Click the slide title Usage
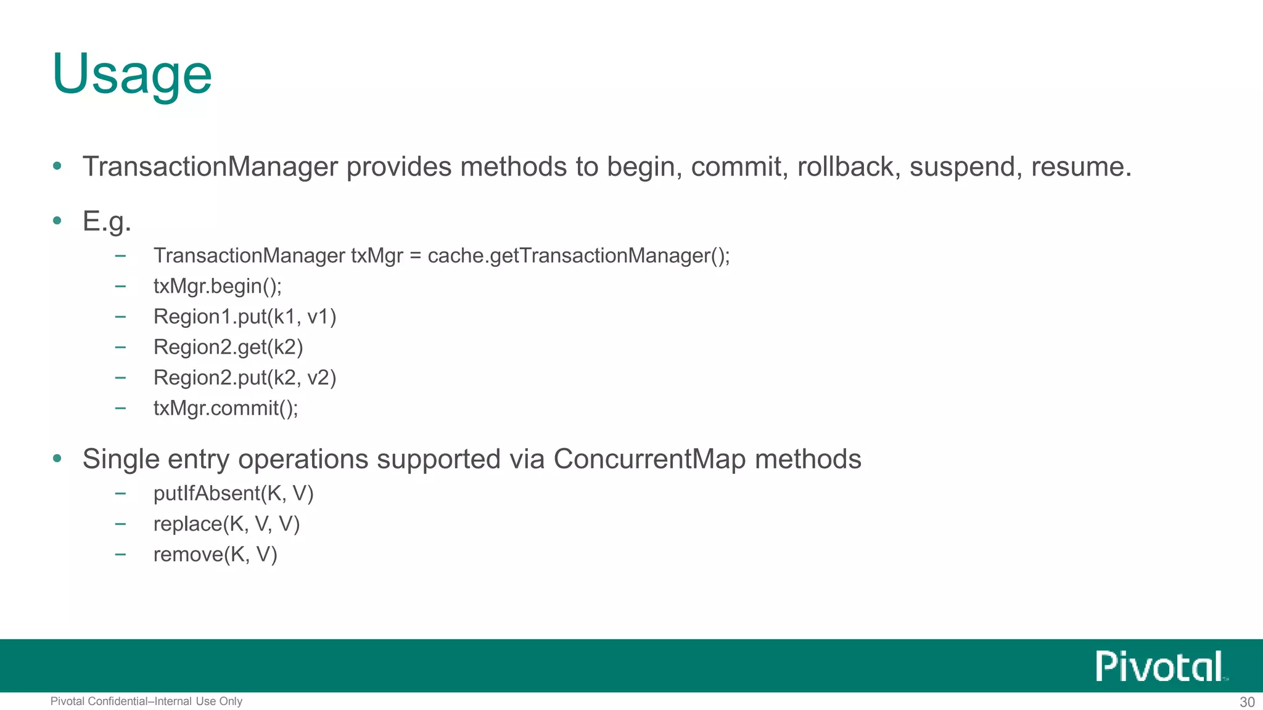[132, 74]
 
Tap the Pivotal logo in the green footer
[1159, 666]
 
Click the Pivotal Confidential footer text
[146, 701]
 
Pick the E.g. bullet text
[107, 221]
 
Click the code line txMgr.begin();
[217, 286]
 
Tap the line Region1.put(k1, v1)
[245, 317]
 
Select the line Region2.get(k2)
[228, 347]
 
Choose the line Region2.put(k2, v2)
[245, 378]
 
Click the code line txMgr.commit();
[226, 408]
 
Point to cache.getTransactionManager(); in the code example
[578, 255]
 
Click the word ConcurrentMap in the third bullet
[649, 459]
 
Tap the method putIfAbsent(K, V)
[233, 493]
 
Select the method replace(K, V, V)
[226, 524]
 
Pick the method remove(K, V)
[215, 554]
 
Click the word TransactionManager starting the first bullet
[210, 166]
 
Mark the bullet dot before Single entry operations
[57, 459]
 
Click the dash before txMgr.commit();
[120, 408]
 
